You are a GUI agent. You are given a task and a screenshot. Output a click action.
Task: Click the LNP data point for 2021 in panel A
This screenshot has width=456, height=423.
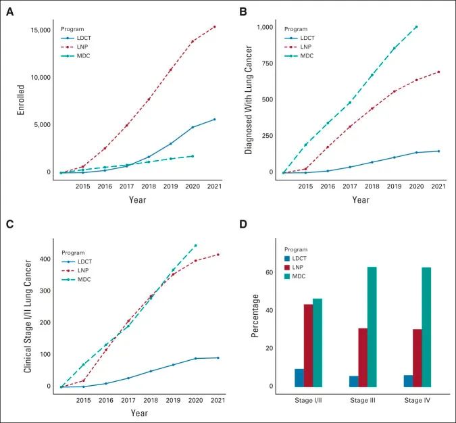(x=214, y=27)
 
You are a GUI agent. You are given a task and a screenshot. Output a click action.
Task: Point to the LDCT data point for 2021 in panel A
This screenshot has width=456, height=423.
(x=214, y=120)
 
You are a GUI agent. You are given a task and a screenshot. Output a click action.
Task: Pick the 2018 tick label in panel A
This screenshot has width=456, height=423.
(x=149, y=186)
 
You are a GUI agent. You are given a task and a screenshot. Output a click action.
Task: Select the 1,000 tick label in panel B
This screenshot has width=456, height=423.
(x=264, y=27)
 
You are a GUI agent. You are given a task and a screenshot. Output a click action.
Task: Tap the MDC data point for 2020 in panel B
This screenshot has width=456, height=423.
(x=416, y=27)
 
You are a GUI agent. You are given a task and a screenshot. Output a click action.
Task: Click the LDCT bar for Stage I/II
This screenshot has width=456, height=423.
(x=299, y=378)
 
